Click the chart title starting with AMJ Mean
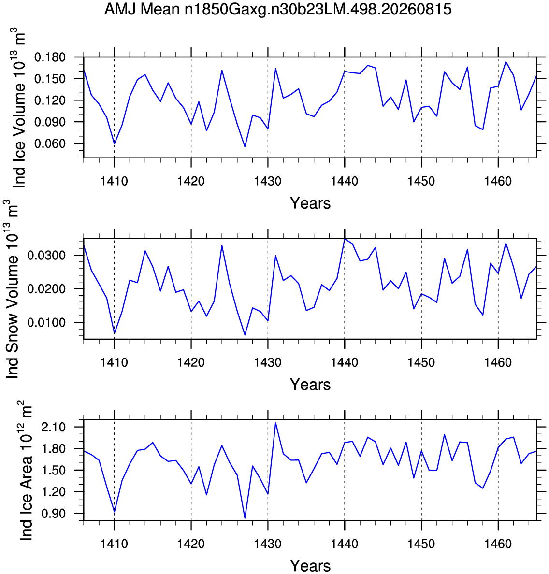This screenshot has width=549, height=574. [278, 9]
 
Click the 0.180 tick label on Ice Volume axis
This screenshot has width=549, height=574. [50, 57]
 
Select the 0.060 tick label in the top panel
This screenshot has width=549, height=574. [50, 143]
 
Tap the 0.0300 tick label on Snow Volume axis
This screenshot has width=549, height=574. [46, 255]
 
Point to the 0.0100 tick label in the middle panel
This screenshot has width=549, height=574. [46, 322]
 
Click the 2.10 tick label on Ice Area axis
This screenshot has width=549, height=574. [54, 427]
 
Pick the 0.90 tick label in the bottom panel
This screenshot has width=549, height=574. [54, 513]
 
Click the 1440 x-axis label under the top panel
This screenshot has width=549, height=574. [345, 181]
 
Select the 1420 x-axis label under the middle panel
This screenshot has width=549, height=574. [191, 362]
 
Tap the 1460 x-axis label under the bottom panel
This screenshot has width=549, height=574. [498, 544]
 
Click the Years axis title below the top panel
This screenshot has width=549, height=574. [310, 203]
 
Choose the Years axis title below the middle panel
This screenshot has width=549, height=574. [310, 385]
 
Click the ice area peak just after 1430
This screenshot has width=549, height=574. [275, 423]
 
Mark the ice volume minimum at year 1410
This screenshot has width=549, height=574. [114, 144]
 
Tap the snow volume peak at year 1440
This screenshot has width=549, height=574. [345, 239]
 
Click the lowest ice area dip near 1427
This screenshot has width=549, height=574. [245, 518]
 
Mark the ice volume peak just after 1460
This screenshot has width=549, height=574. [506, 61]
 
